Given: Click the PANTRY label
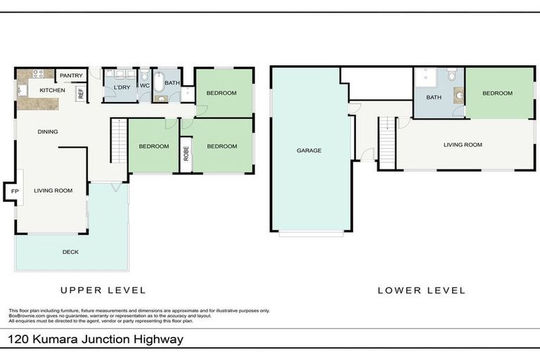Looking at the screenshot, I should pos(71,76).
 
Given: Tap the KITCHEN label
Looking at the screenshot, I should pos(52,91).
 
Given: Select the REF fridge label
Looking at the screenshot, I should pos(82,92).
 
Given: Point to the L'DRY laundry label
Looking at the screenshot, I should pos(122,86).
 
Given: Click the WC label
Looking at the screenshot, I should pos(145,86).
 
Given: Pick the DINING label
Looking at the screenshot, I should pos(48,131).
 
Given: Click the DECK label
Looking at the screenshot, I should pos(70,252).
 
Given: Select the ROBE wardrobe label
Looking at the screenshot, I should pos(186,154).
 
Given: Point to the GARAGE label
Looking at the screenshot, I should pos(309,150).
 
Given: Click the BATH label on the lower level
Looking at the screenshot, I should pos(433,98).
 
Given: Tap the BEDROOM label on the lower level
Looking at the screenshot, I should pos(497,93).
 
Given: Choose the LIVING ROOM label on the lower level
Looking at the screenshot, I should pos(463,145).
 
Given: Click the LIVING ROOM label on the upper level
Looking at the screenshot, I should pos(53,191).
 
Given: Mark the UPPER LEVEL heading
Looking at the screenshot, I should pos(103,290).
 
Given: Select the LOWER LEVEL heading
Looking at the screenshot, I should pos(421,290).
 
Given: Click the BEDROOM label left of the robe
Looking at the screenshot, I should pos(153,146).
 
